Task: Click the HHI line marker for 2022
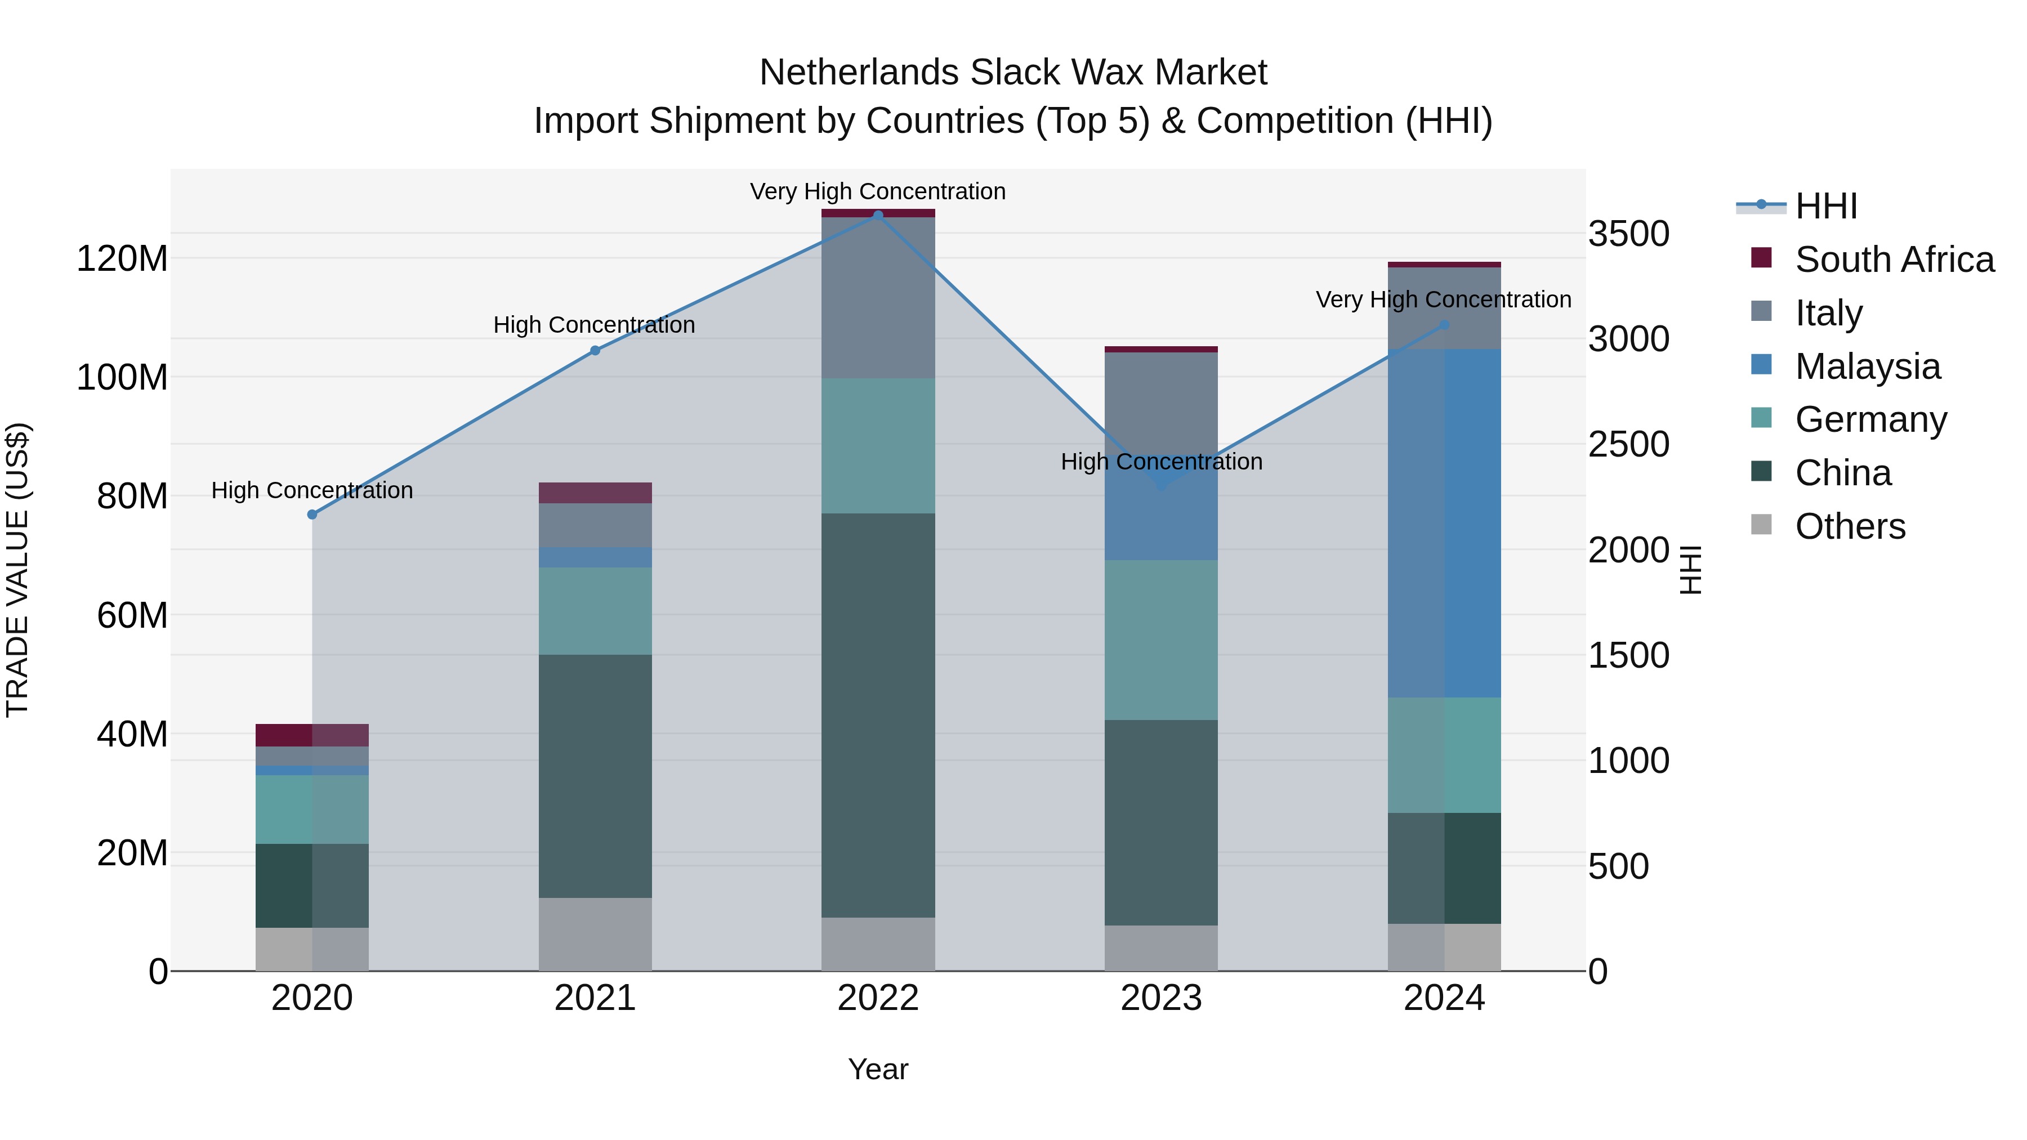pyautogui.click(x=878, y=215)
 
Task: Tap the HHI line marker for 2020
pyautogui.click(x=312, y=515)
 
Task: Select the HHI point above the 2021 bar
pyautogui.click(x=595, y=351)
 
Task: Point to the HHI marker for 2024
pyautogui.click(x=1444, y=325)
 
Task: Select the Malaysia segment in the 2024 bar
pyautogui.click(x=1444, y=523)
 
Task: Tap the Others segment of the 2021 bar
pyautogui.click(x=595, y=934)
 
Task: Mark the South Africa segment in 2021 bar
pyautogui.click(x=595, y=493)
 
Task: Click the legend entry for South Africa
pyautogui.click(x=1894, y=260)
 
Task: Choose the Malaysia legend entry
pyautogui.click(x=1867, y=366)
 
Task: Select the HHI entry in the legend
pyautogui.click(x=1825, y=206)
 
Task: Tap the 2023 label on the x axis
pyautogui.click(x=1162, y=998)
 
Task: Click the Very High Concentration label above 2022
pyautogui.click(x=878, y=191)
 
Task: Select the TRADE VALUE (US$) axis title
pyautogui.click(x=18, y=570)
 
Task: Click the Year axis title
pyautogui.click(x=878, y=1069)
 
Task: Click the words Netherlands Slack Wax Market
pyautogui.click(x=1013, y=73)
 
